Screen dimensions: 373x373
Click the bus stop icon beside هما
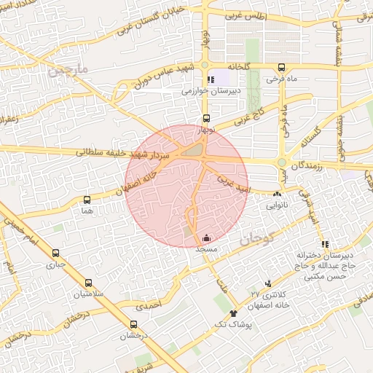pos(88,199)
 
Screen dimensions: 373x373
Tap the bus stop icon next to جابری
pos(56,253)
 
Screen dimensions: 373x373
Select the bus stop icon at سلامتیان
pos(89,283)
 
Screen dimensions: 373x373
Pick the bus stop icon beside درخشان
pos(133,325)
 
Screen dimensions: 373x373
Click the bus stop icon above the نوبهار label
pos(206,118)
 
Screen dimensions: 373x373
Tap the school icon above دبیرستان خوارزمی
pos(211,80)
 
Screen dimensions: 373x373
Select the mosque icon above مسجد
pos(207,237)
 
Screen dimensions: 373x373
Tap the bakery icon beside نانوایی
pos(277,195)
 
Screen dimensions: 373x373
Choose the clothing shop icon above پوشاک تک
pos(233,313)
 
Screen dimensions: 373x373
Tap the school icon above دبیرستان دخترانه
pos(325,244)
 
